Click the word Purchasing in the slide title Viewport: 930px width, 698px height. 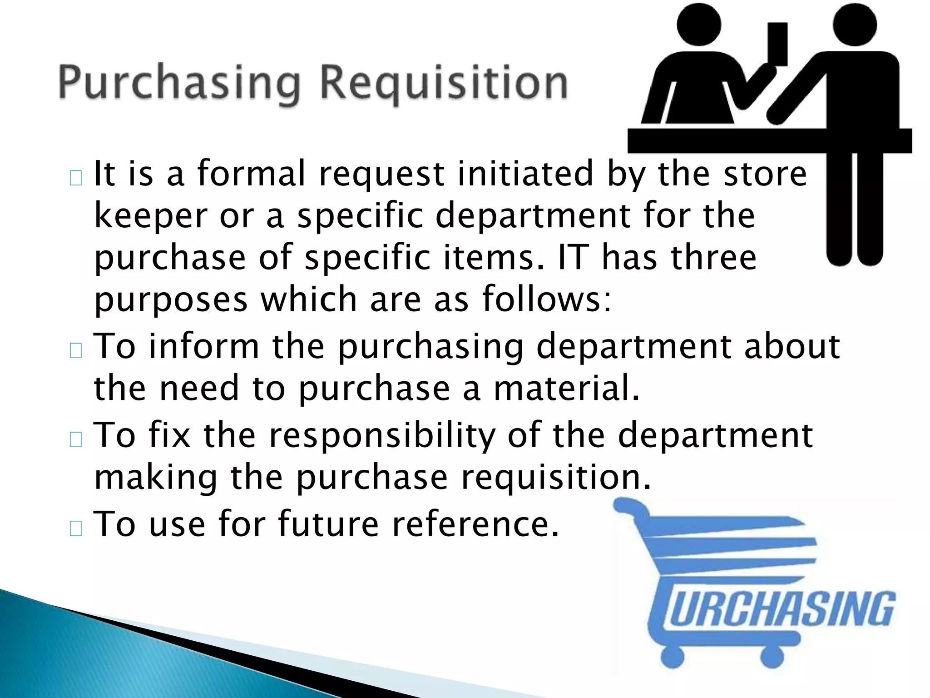click(x=179, y=84)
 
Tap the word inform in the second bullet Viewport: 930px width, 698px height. click(x=204, y=346)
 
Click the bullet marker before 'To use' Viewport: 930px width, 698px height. click(x=76, y=528)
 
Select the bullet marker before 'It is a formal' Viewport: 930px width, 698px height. click(x=76, y=178)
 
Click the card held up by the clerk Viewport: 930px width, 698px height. click(x=777, y=44)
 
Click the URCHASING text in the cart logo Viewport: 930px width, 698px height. click(x=782, y=609)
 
